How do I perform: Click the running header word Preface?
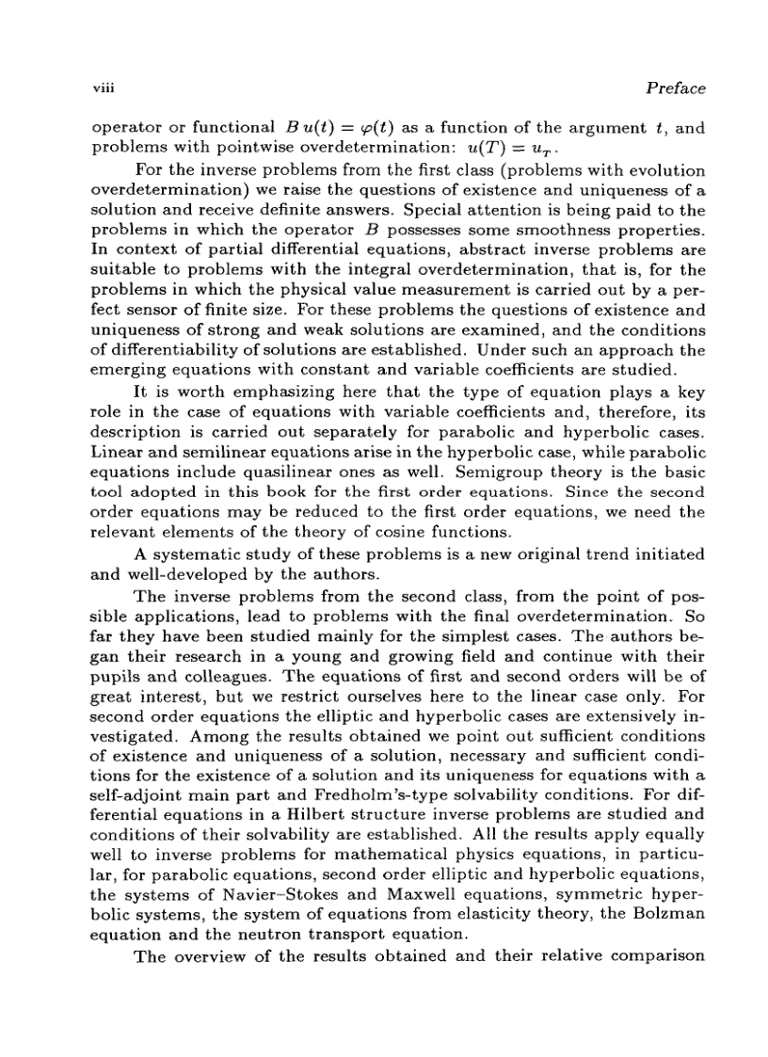(676, 88)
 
